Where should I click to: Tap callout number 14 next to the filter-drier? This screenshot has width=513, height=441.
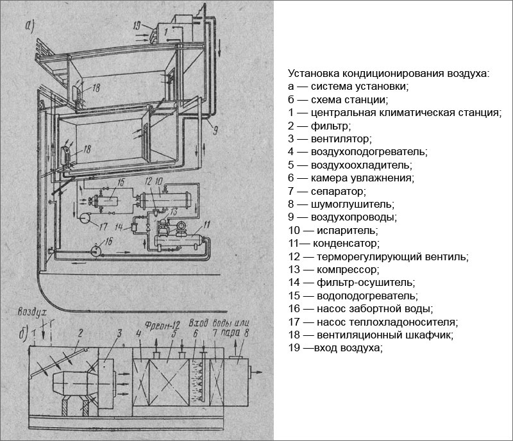tap(121, 226)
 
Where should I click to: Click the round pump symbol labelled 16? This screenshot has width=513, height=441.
tap(95, 249)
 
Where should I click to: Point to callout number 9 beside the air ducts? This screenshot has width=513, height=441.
tap(215, 130)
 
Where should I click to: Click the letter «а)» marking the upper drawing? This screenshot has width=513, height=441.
tap(47, 27)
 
